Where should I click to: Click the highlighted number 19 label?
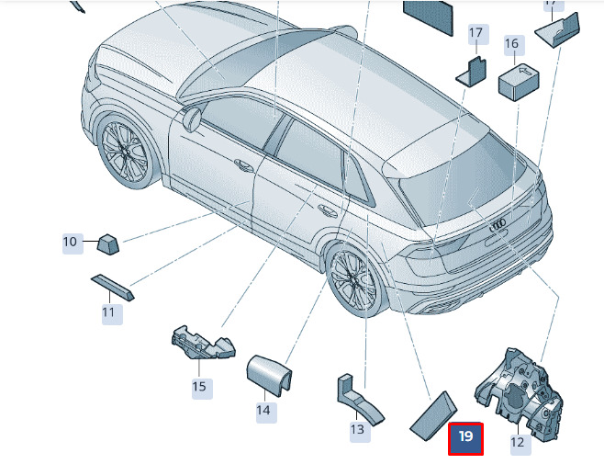coord(465,439)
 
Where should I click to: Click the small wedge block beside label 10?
coord(107,243)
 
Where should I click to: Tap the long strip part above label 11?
coord(113,288)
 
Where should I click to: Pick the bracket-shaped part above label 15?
coord(203,342)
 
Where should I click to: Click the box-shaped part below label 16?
coord(519,82)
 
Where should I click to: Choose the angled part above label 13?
coord(358,399)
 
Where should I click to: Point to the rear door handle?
coord(327,210)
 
